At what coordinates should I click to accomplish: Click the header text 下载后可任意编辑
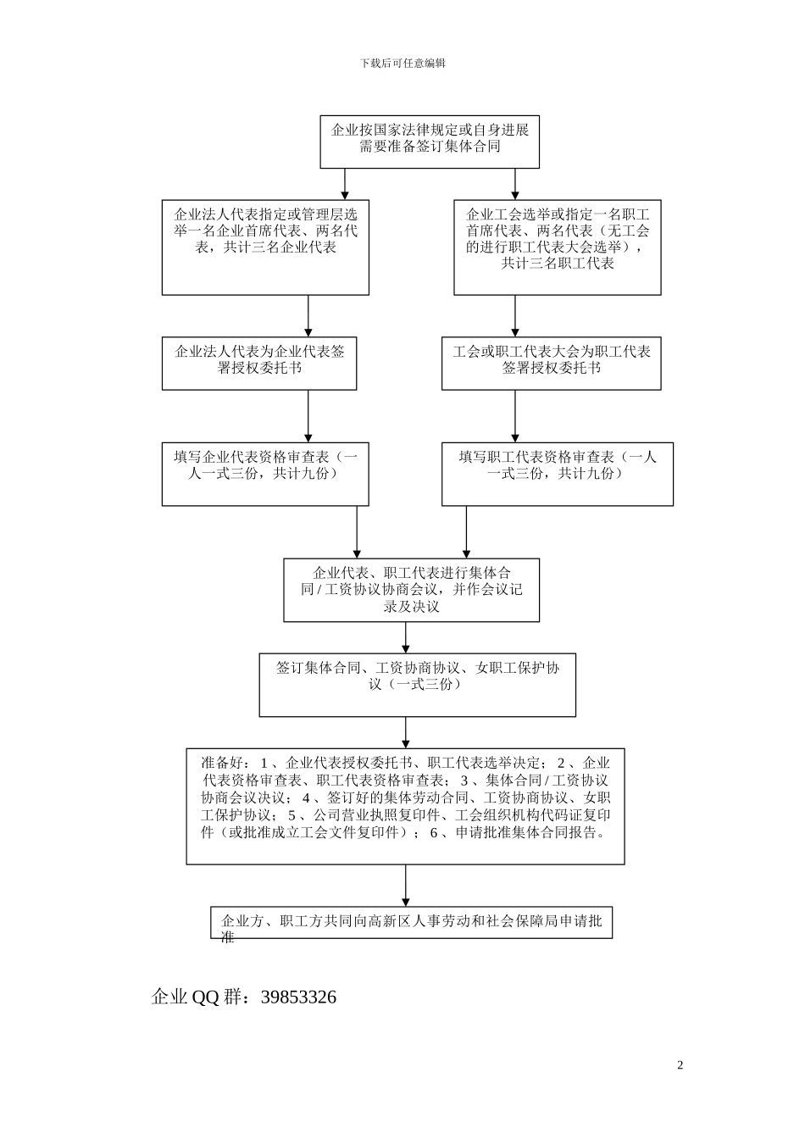(x=402, y=63)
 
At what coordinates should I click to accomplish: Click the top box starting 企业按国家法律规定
(x=430, y=142)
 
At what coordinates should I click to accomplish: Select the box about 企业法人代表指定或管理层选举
(x=265, y=247)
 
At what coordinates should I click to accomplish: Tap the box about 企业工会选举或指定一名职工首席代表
(x=557, y=247)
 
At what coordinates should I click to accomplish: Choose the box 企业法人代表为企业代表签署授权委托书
(x=259, y=363)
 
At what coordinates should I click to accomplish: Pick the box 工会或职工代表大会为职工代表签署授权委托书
(x=551, y=363)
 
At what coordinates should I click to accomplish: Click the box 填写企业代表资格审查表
(x=265, y=474)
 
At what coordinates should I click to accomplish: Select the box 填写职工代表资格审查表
(x=557, y=474)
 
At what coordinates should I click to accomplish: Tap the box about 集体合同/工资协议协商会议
(x=411, y=590)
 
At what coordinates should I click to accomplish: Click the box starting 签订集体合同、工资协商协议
(x=417, y=684)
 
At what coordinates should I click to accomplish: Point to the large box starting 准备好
(x=405, y=805)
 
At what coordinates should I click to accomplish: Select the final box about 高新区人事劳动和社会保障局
(x=411, y=923)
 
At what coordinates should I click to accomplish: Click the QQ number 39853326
(x=298, y=997)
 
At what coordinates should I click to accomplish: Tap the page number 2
(x=680, y=1065)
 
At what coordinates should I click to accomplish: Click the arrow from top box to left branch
(x=344, y=183)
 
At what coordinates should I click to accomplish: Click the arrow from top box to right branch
(x=515, y=183)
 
